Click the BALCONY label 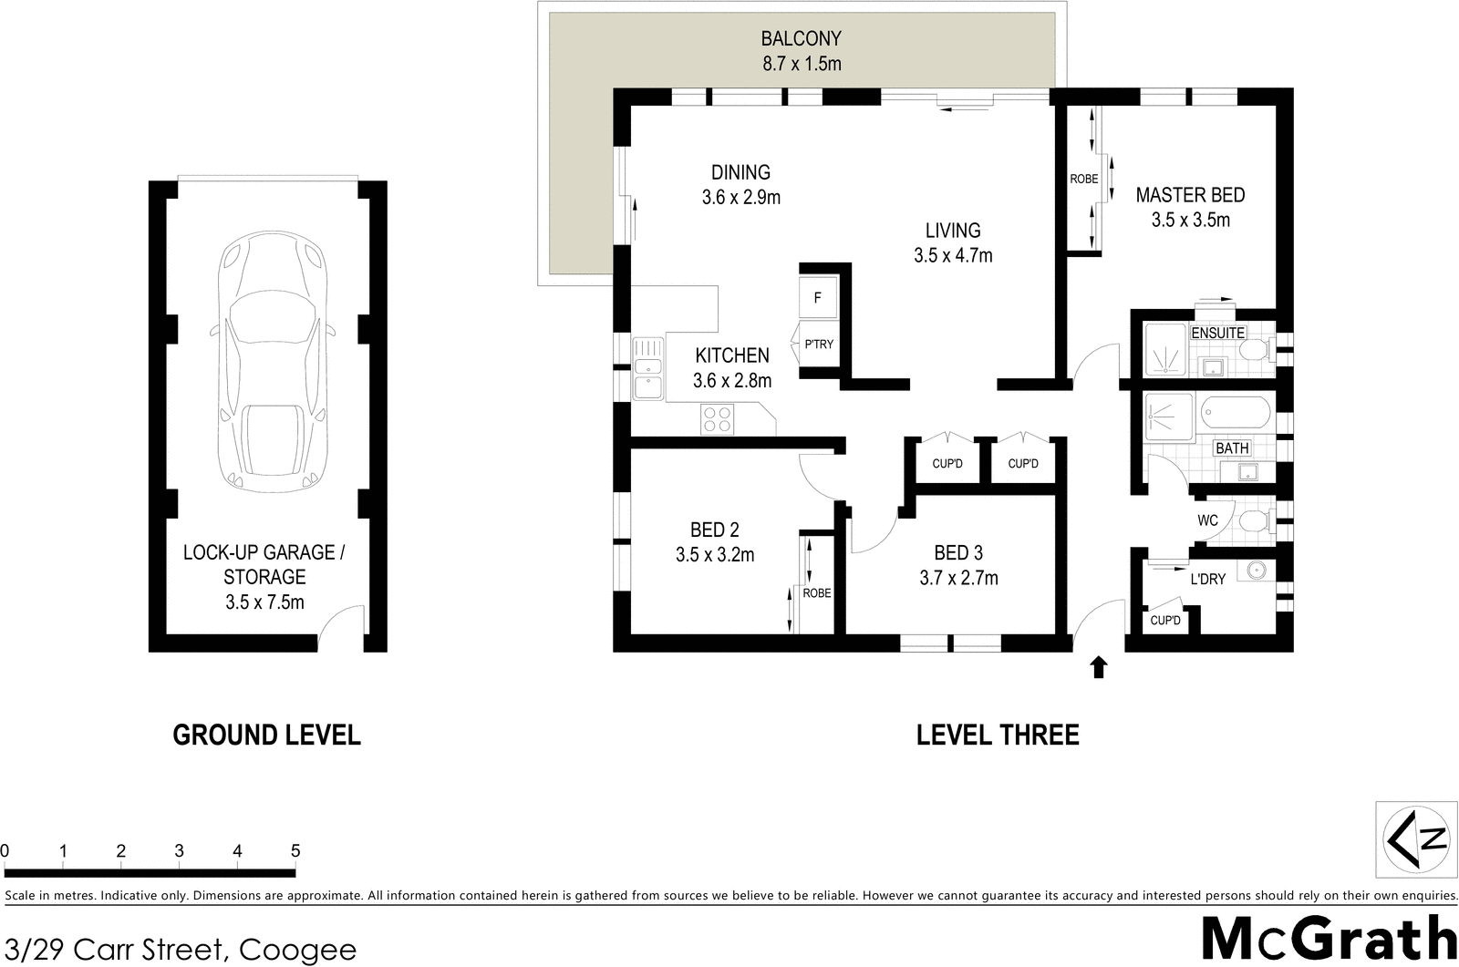click(x=801, y=39)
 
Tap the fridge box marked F click(x=818, y=298)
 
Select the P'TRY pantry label click(x=818, y=345)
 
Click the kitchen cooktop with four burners click(x=716, y=419)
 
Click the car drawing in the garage click(x=271, y=360)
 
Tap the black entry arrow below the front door click(x=1099, y=667)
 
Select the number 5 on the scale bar click(x=295, y=851)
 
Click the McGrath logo click(x=1328, y=938)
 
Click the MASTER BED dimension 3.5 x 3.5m click(x=1190, y=220)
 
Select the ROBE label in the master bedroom click(x=1084, y=180)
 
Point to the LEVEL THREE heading click(x=998, y=735)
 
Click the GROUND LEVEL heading click(x=266, y=735)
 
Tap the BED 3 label click(x=957, y=553)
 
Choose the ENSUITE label click(x=1217, y=333)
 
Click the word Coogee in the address click(x=297, y=950)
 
